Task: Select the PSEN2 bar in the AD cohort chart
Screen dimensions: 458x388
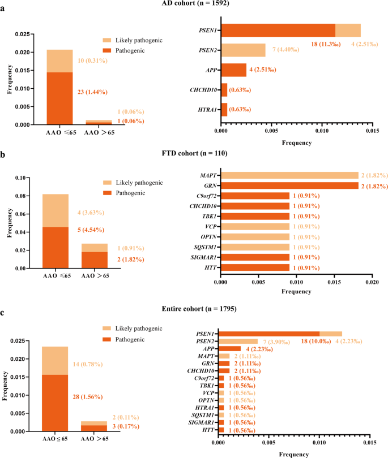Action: pyautogui.click(x=243, y=50)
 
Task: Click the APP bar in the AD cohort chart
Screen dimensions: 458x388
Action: pyautogui.click(x=233, y=70)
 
